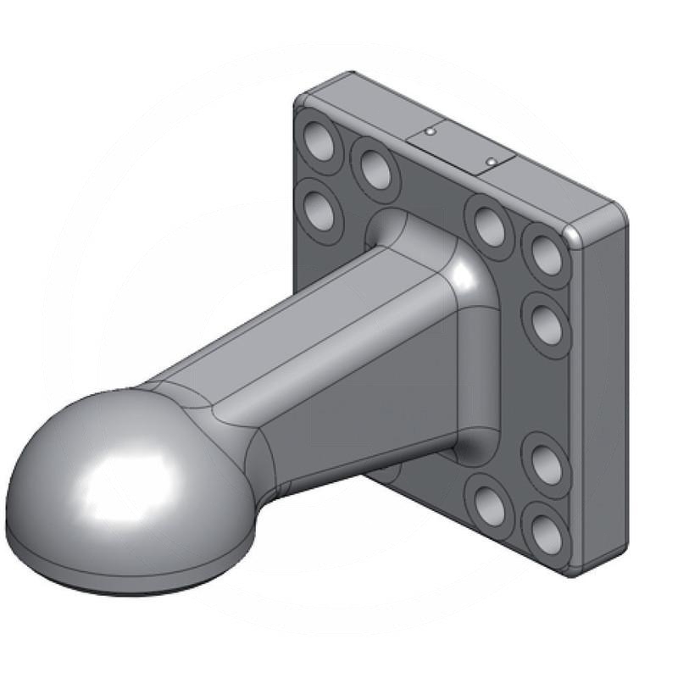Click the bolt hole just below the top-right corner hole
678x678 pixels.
pyautogui.click(x=547, y=323)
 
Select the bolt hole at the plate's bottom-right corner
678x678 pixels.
pyautogui.click(x=542, y=531)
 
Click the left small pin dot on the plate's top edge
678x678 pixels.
pyautogui.click(x=431, y=132)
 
